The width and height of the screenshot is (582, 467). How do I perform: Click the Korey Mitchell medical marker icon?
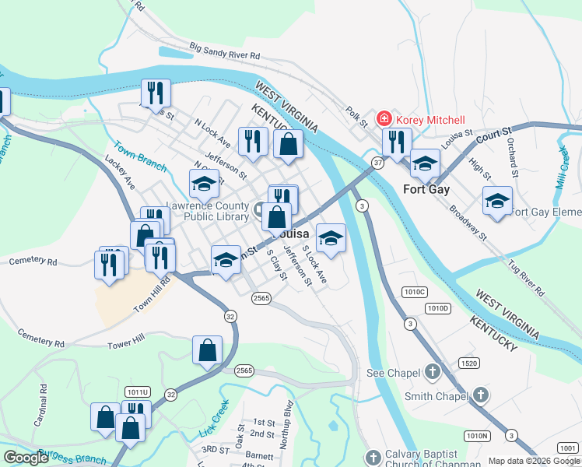click(384, 119)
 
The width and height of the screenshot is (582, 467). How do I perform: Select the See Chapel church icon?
click(433, 372)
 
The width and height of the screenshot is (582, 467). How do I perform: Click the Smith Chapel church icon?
click(481, 395)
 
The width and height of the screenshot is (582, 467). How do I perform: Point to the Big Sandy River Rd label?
click(224, 52)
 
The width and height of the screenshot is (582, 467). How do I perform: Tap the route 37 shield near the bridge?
click(377, 163)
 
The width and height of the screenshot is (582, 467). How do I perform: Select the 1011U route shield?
click(135, 392)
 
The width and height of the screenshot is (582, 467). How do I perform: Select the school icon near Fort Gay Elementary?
click(497, 201)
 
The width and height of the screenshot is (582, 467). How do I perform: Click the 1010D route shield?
click(439, 308)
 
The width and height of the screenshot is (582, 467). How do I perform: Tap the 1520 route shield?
click(468, 363)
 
